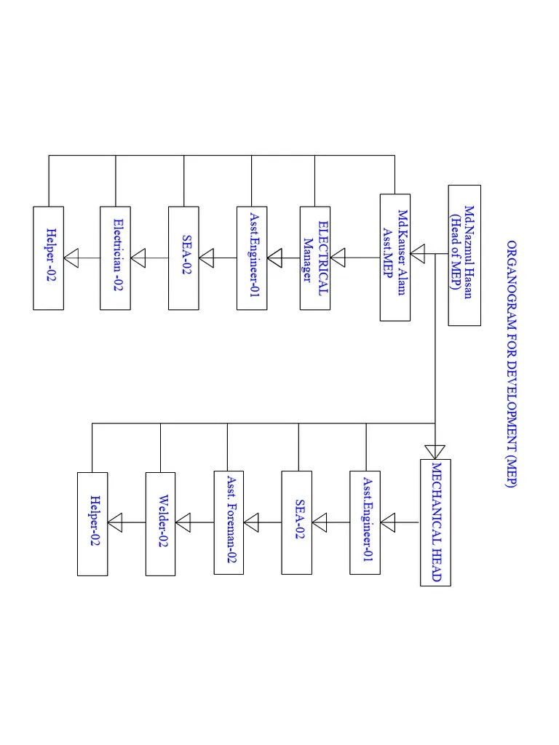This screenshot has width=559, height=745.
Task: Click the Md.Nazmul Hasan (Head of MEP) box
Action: click(464, 255)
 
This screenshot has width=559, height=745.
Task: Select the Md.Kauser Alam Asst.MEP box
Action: click(395, 257)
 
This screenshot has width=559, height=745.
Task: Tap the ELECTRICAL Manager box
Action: click(315, 258)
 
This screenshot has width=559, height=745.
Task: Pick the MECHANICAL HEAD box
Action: click(435, 522)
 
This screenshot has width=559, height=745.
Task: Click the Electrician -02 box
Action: click(116, 258)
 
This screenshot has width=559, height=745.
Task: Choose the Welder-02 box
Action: click(160, 523)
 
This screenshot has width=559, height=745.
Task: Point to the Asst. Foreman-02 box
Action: click(229, 522)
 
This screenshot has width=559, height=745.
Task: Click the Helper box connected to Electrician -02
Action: click(49, 258)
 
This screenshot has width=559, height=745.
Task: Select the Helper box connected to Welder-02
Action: click(92, 523)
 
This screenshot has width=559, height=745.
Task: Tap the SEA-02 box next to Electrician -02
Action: click(183, 258)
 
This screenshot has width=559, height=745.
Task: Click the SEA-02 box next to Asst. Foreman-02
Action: click(297, 522)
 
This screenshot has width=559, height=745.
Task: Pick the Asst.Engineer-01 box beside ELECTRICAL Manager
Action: click(252, 258)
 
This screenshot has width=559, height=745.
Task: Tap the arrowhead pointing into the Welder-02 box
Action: click(183, 522)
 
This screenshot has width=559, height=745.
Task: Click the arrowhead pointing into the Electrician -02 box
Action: click(138, 258)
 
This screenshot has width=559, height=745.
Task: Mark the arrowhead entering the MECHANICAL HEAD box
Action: click(435, 450)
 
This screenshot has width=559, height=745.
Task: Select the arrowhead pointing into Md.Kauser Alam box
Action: click(418, 255)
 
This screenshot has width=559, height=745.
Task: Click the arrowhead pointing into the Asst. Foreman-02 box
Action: click(251, 522)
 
